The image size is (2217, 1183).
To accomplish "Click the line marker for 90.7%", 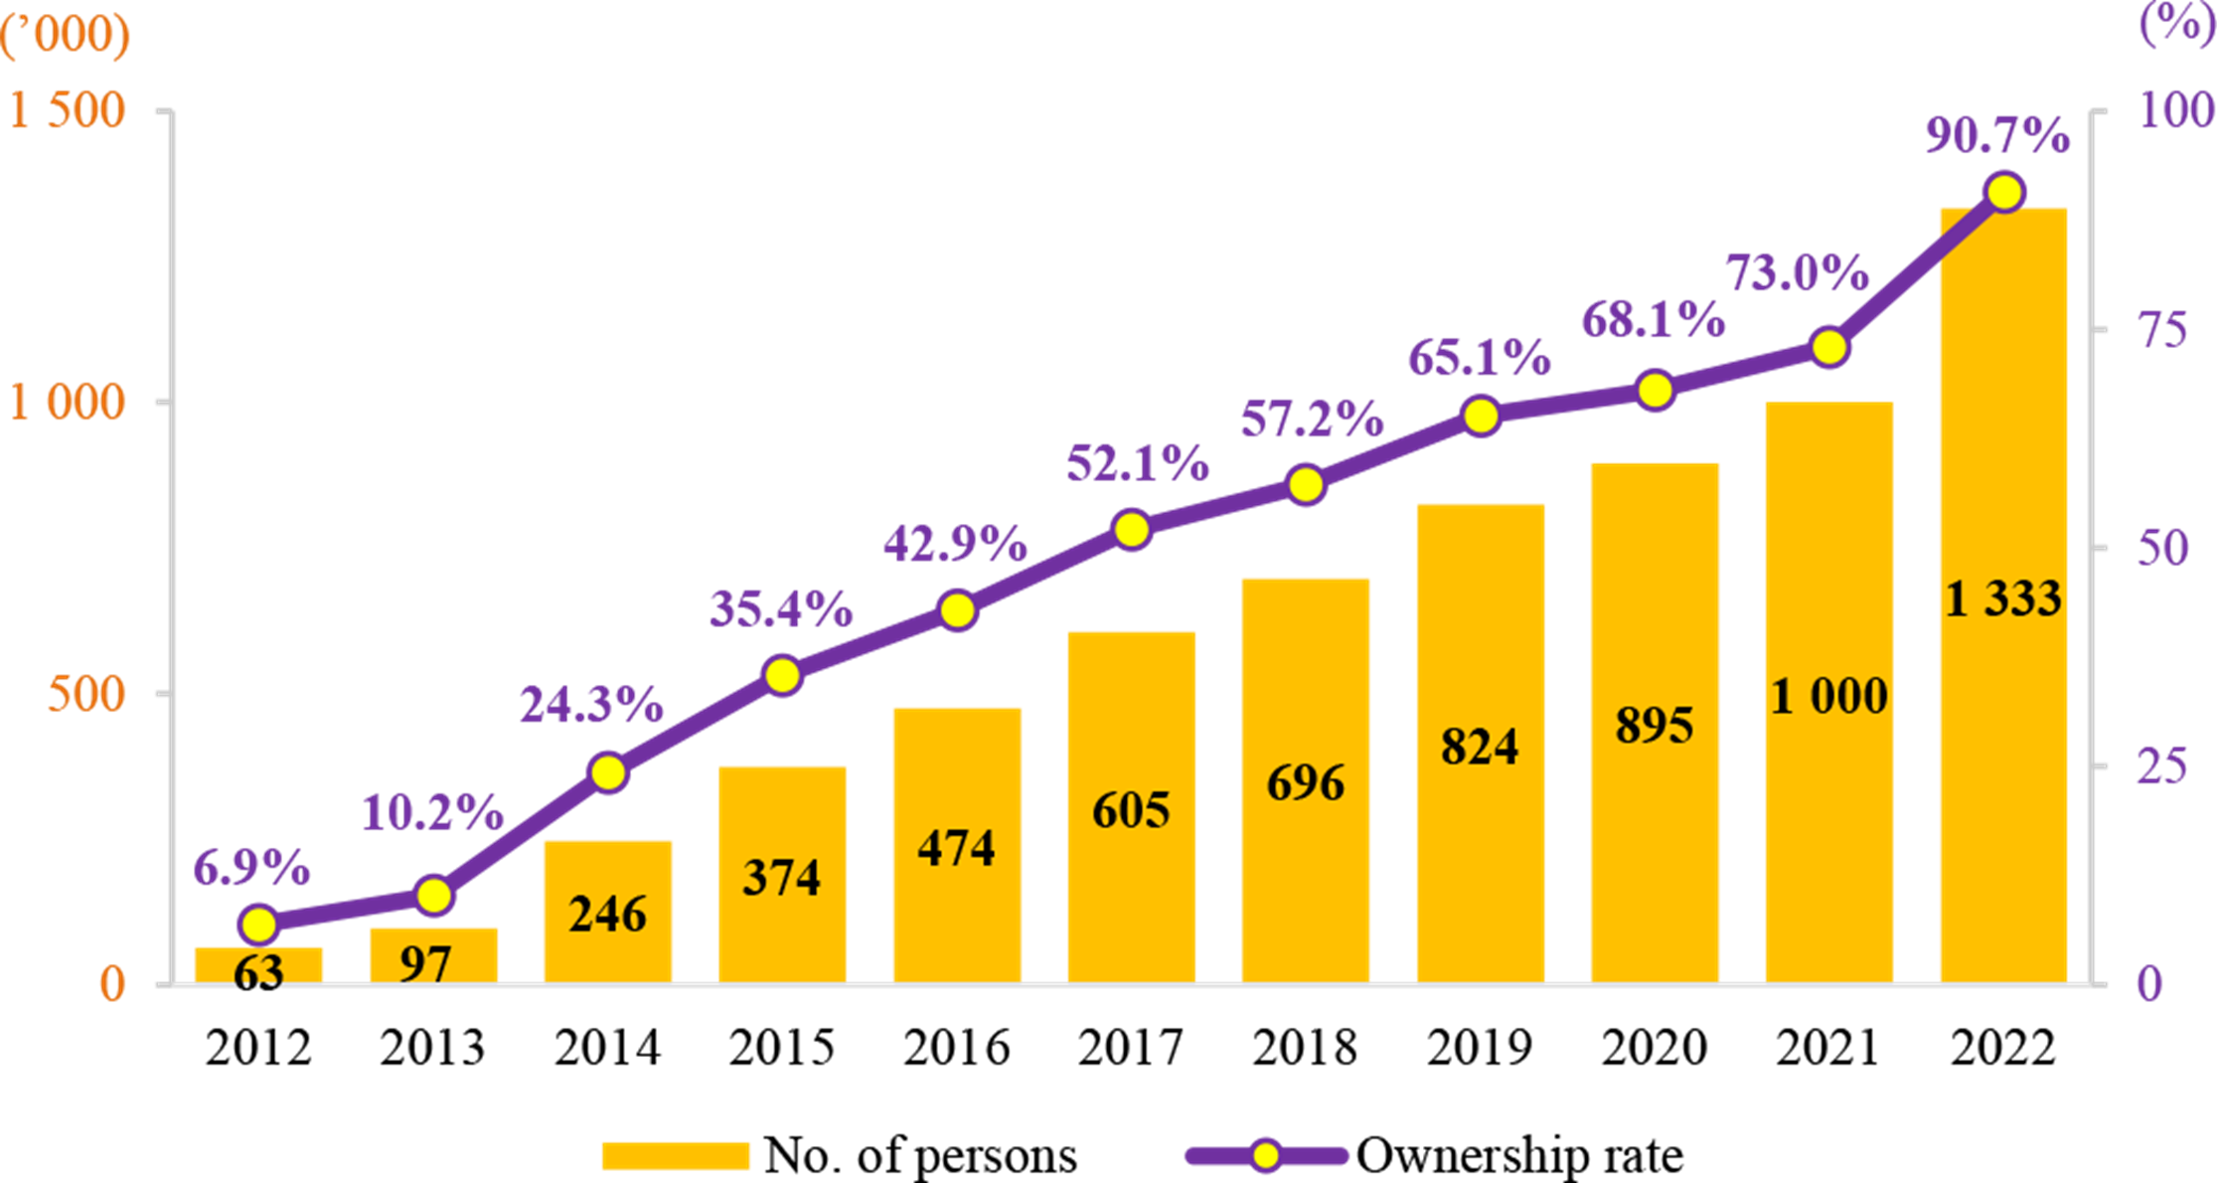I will [2004, 192].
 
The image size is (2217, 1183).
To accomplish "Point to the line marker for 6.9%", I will [259, 925].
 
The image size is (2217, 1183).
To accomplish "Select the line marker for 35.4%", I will [783, 676].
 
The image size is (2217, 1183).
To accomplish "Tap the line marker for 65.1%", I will [1481, 417].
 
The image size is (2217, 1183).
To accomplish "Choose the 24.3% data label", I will [591, 705].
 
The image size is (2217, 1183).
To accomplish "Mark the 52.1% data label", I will [1138, 464].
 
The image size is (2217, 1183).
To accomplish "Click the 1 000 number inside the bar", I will [1829, 696].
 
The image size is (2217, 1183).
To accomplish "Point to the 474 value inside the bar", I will [956, 848].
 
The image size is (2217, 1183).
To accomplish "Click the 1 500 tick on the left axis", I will [68, 109].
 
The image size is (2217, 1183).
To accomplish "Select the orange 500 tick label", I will [87, 694].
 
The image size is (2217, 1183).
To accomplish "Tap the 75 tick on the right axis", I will [2163, 329].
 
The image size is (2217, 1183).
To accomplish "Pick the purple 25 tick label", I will [2162, 766].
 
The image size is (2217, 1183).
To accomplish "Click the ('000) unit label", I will [66, 35].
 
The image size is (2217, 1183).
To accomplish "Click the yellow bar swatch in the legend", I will [676, 1156].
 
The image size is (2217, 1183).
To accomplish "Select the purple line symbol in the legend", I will [1266, 1156].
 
